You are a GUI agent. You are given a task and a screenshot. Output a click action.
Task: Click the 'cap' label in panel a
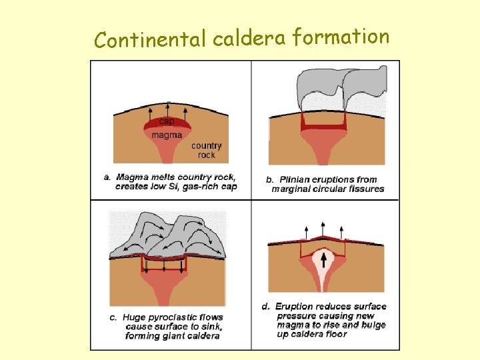(166, 122)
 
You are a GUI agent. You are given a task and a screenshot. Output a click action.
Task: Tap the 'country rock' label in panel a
(206, 150)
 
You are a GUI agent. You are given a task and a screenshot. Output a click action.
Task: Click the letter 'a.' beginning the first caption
(107, 177)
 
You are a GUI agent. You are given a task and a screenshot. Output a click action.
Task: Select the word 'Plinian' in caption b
(295, 179)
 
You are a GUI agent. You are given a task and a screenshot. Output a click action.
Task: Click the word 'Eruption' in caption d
(294, 307)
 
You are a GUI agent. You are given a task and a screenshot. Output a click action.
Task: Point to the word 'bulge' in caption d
(371, 325)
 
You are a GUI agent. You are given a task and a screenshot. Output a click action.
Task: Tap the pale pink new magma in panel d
(325, 273)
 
